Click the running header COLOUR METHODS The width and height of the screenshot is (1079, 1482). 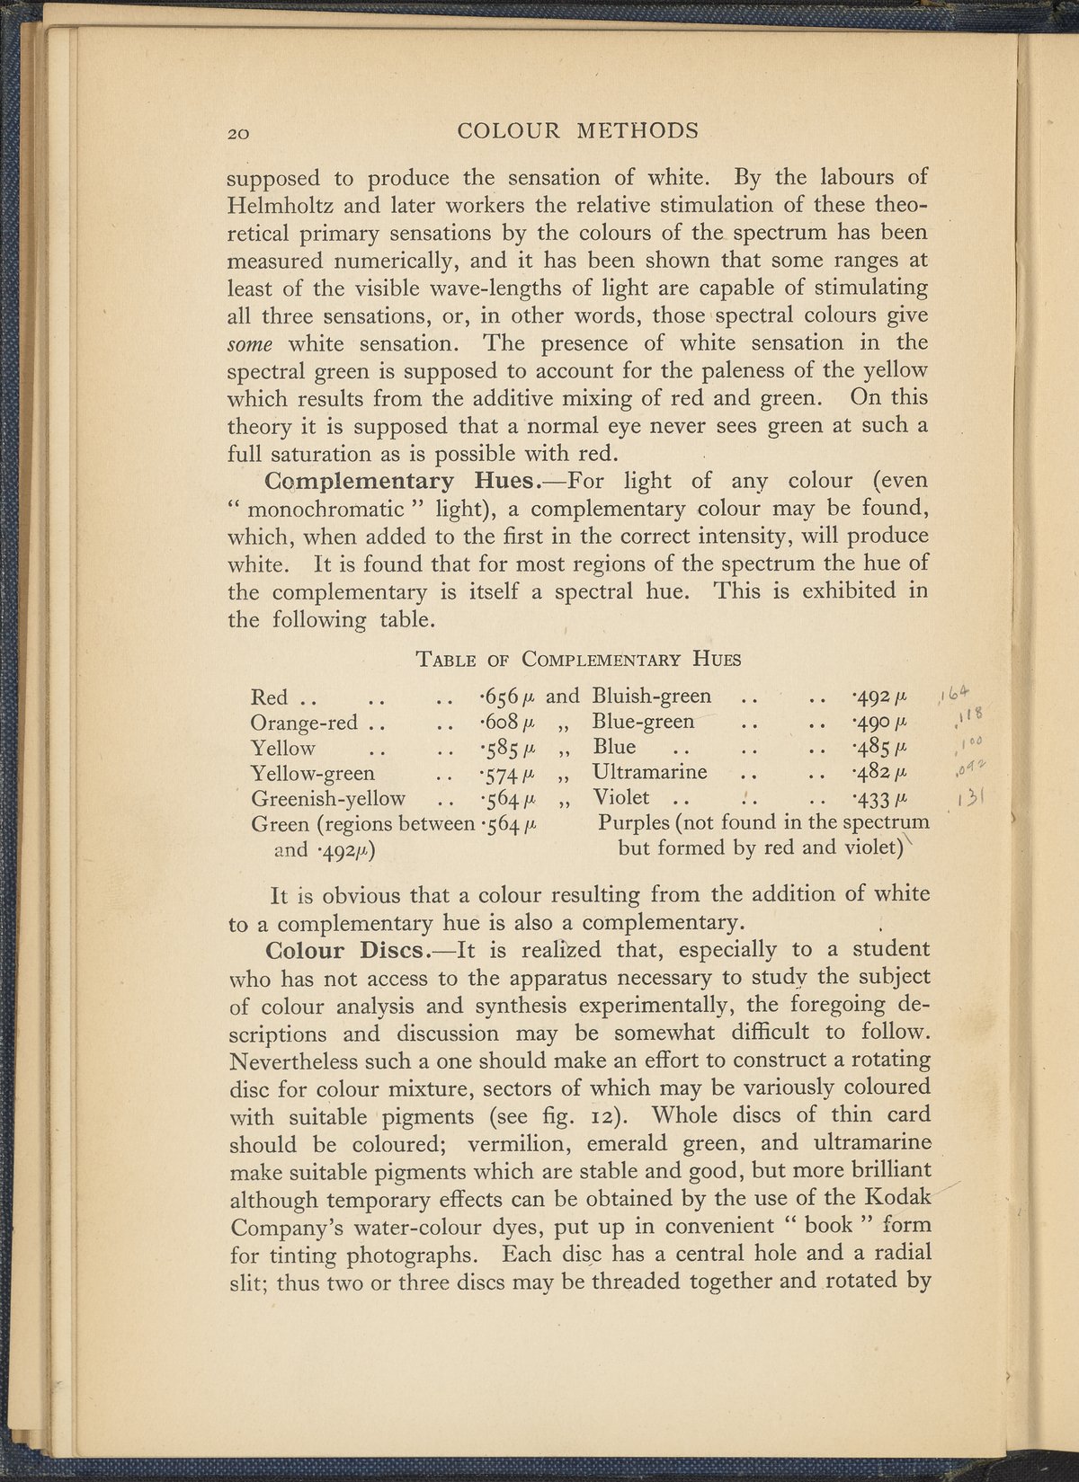(x=577, y=131)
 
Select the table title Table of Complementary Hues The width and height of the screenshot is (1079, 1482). (x=579, y=659)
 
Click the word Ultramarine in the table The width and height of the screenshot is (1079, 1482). (x=649, y=772)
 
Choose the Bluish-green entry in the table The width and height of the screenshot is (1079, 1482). (x=652, y=696)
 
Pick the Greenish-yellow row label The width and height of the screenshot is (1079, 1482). (x=328, y=798)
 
